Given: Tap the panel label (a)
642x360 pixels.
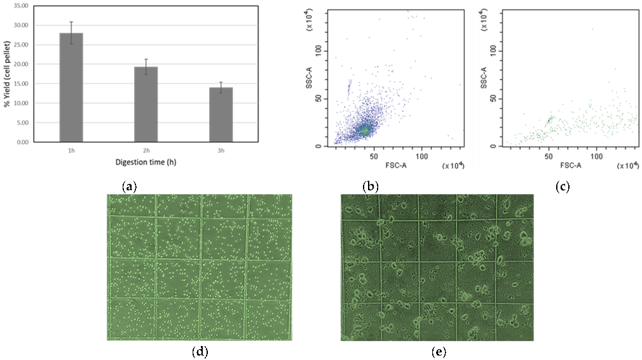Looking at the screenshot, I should tap(129, 187).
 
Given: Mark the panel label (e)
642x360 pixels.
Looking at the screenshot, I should tap(436, 350).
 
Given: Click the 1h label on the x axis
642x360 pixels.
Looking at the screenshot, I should tap(71, 149).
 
